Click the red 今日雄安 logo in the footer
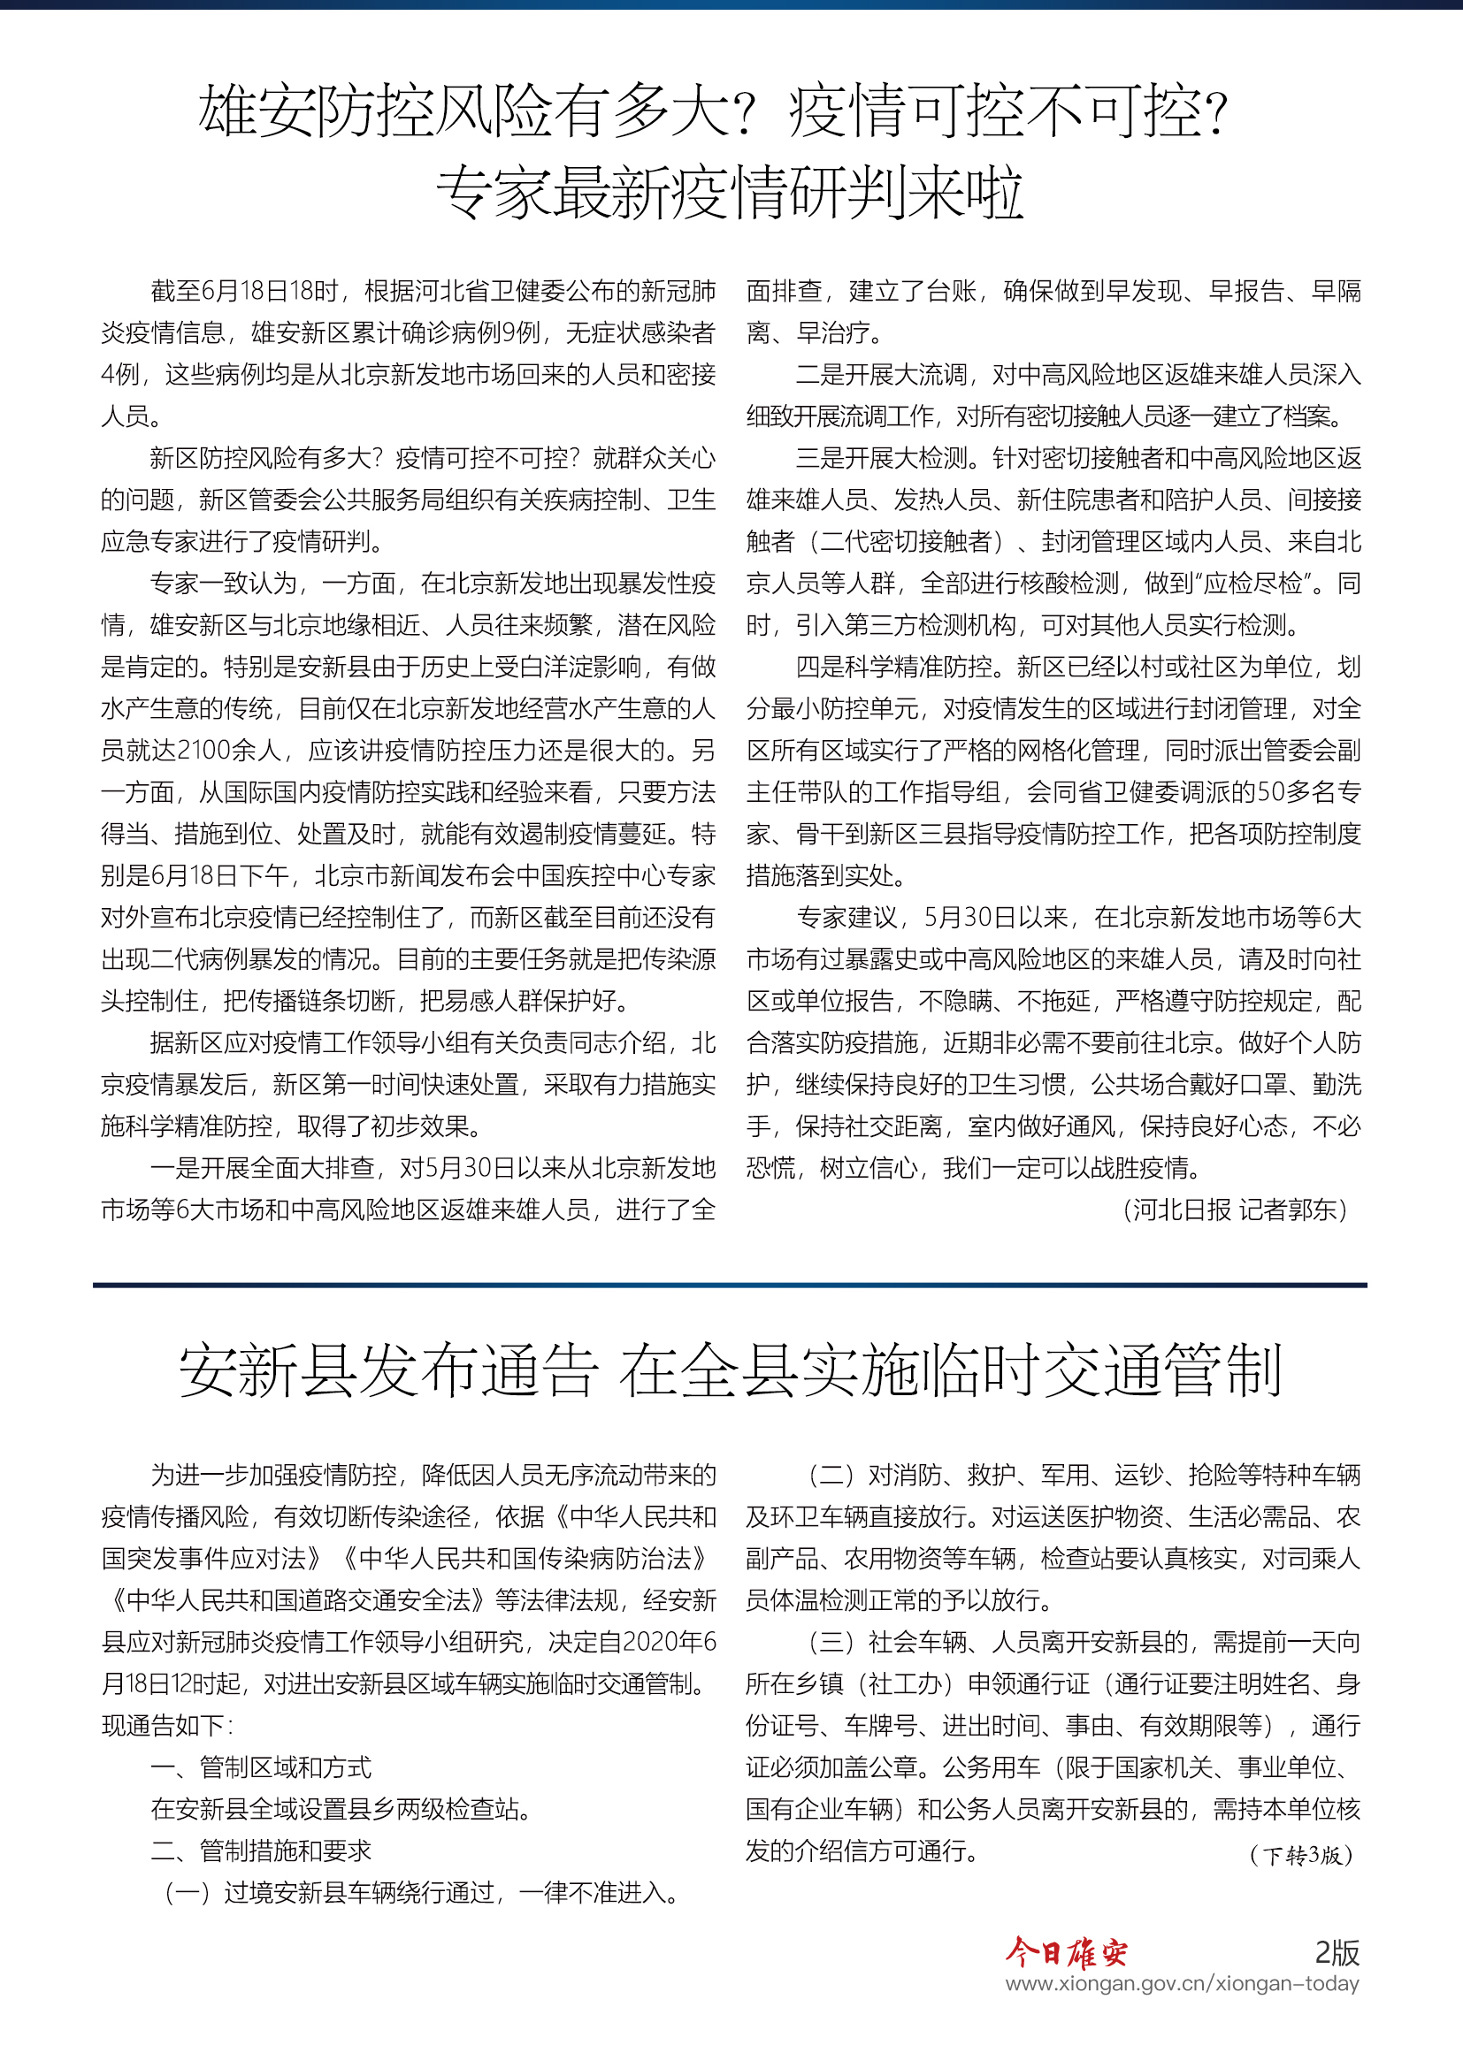[x=1066, y=1953]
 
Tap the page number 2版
[x=1337, y=1952]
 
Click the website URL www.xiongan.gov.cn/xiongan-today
[x=1182, y=1983]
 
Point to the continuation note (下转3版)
[x=1301, y=1855]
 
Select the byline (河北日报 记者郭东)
[x=1235, y=1210]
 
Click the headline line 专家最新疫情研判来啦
[x=731, y=193]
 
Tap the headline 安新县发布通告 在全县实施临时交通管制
[x=731, y=1371]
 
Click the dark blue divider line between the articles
[x=730, y=1285]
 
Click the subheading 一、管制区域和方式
[x=261, y=1767]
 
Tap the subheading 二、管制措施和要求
[x=261, y=1851]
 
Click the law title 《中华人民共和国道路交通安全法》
[x=298, y=1599]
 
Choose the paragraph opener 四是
[x=821, y=668]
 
